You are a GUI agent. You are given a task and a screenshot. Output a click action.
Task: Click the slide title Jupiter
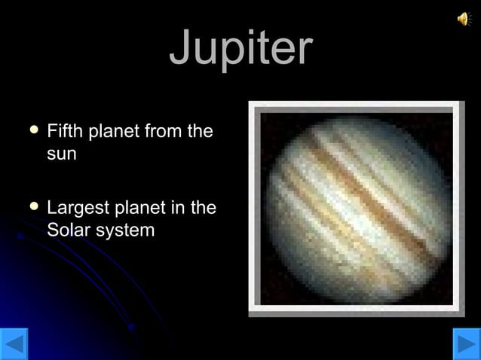point(240,48)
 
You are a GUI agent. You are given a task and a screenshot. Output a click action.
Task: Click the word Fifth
point(65,133)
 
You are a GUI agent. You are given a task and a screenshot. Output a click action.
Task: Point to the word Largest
point(78,209)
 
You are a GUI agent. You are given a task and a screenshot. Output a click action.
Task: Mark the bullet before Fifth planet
point(31,132)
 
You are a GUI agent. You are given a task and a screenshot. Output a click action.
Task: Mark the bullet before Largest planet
point(31,206)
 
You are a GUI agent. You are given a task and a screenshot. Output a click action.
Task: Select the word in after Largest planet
point(179,208)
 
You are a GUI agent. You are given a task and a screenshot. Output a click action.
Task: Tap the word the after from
point(200,133)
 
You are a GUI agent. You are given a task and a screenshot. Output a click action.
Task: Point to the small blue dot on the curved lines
point(131,327)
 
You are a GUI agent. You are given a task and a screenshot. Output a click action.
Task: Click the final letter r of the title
point(303,50)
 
